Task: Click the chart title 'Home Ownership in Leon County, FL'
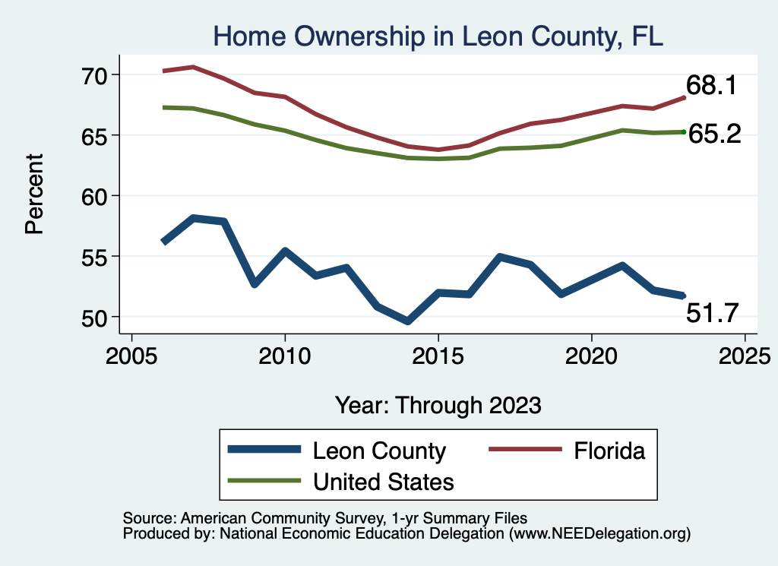[x=438, y=36]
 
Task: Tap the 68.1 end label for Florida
[x=711, y=85]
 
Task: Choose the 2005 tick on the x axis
[x=132, y=356]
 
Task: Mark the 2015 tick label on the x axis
[x=438, y=356]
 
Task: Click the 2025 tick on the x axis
[x=745, y=356]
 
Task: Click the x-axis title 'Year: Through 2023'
[x=438, y=405]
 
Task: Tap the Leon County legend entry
[x=379, y=451]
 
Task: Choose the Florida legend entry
[x=609, y=451]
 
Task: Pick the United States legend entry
[x=383, y=481]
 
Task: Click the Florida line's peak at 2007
[x=194, y=67]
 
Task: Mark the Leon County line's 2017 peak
[x=500, y=257]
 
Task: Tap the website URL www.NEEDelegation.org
[x=599, y=533]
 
